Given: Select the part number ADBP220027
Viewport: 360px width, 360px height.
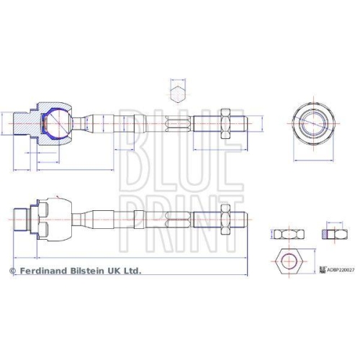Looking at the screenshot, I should tap(341, 271).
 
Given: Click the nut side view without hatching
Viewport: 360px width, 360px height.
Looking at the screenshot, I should tap(286, 234).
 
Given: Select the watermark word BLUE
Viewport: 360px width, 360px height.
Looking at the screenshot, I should tap(179, 141).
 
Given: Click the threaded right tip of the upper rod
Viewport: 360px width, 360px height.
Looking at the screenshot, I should tap(247, 123).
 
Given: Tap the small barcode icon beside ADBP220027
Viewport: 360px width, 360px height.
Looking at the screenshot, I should tap(322, 270).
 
